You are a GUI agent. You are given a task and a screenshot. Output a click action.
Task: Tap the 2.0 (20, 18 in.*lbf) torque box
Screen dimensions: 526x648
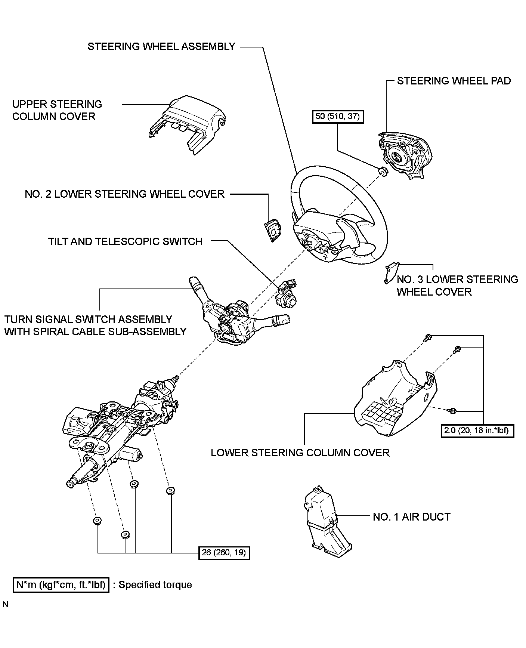pos(477,430)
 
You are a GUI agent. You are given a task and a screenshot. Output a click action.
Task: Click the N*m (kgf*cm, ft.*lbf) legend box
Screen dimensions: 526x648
pos(61,585)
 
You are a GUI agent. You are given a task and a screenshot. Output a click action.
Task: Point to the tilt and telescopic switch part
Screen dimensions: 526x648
pos(286,293)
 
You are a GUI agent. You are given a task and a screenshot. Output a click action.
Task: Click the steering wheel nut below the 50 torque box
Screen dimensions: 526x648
pos(382,172)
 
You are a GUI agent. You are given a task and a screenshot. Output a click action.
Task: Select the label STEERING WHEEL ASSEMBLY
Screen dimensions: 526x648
pos(161,46)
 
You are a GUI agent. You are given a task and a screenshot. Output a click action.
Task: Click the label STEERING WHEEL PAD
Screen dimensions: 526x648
pos(454,81)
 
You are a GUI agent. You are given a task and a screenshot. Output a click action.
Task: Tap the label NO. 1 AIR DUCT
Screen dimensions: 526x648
pos(412,517)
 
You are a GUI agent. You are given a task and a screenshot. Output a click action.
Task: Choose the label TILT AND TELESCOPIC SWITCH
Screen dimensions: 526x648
pos(125,241)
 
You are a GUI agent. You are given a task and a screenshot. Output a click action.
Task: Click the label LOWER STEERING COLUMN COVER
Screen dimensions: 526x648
pos(300,453)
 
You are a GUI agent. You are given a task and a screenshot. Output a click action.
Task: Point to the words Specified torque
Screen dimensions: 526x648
pos(155,585)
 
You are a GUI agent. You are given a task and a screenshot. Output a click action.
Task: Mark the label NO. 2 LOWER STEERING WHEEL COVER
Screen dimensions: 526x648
pos(124,194)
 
